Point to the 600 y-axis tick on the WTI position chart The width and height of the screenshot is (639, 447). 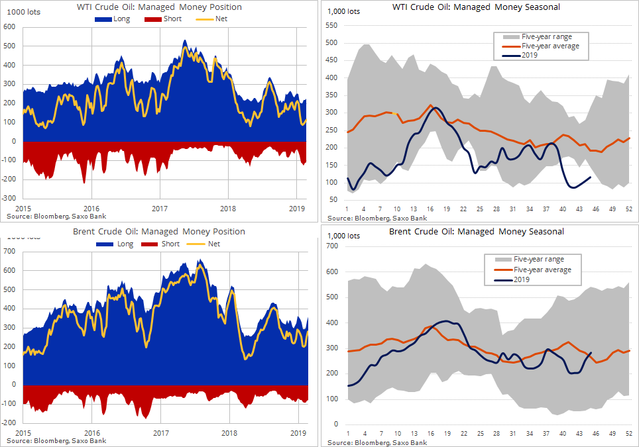(x=10, y=27)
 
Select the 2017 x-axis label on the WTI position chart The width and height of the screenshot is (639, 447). (x=160, y=209)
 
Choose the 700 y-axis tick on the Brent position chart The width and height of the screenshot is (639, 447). (x=10, y=251)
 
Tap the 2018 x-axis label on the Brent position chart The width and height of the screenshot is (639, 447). (x=229, y=433)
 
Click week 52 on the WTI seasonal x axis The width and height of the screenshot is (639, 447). (x=628, y=209)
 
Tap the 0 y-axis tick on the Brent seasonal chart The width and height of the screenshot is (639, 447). (x=337, y=424)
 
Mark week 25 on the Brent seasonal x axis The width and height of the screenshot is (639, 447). (x=480, y=433)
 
